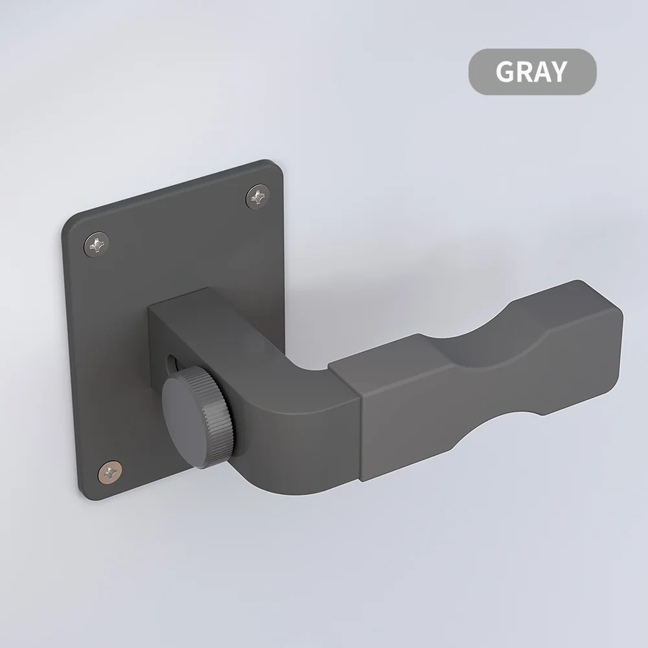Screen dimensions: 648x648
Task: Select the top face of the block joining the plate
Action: coord(233,311)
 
